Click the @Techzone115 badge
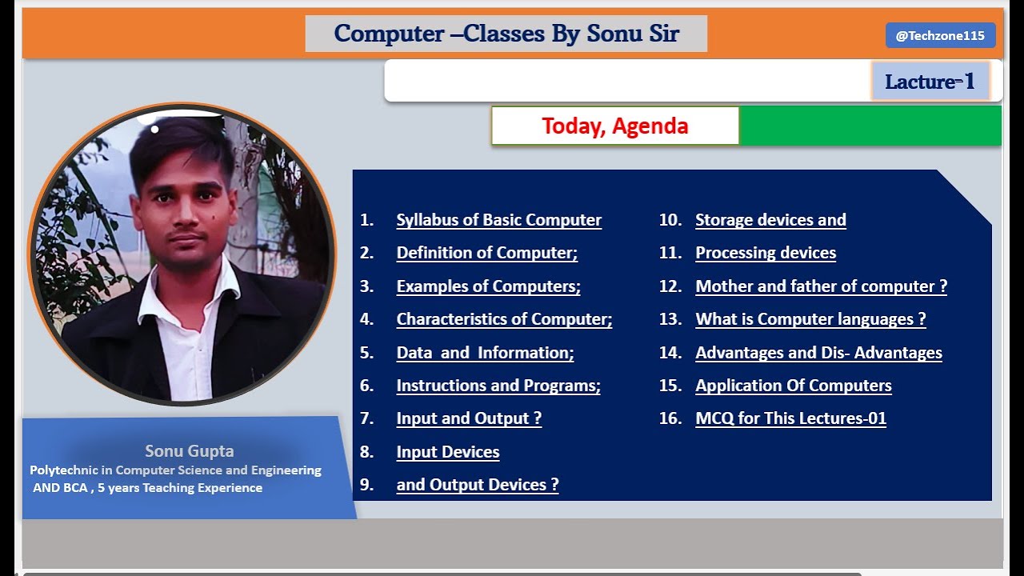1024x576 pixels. [x=940, y=35]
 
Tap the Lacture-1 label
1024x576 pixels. [x=930, y=81]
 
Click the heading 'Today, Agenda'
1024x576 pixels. [x=614, y=126]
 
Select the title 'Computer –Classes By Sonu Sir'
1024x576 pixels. [x=506, y=34]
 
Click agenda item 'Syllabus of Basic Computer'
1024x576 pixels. [x=498, y=220]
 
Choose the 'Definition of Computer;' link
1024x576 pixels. [x=486, y=253]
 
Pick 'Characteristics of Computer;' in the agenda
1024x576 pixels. [x=504, y=319]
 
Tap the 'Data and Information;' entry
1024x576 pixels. [x=485, y=353]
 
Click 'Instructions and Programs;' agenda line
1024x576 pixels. [x=498, y=386]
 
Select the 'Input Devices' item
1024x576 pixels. [x=447, y=452]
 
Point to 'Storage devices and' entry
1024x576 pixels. [x=770, y=220]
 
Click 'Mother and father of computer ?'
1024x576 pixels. [x=821, y=286]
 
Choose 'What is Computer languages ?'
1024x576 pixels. [x=810, y=319]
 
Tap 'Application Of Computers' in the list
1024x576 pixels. [x=793, y=386]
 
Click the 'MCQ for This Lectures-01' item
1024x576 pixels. [x=790, y=418]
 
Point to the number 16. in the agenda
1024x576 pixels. [x=670, y=418]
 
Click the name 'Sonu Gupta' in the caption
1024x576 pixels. [x=190, y=451]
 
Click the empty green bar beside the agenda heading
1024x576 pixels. [x=870, y=126]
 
